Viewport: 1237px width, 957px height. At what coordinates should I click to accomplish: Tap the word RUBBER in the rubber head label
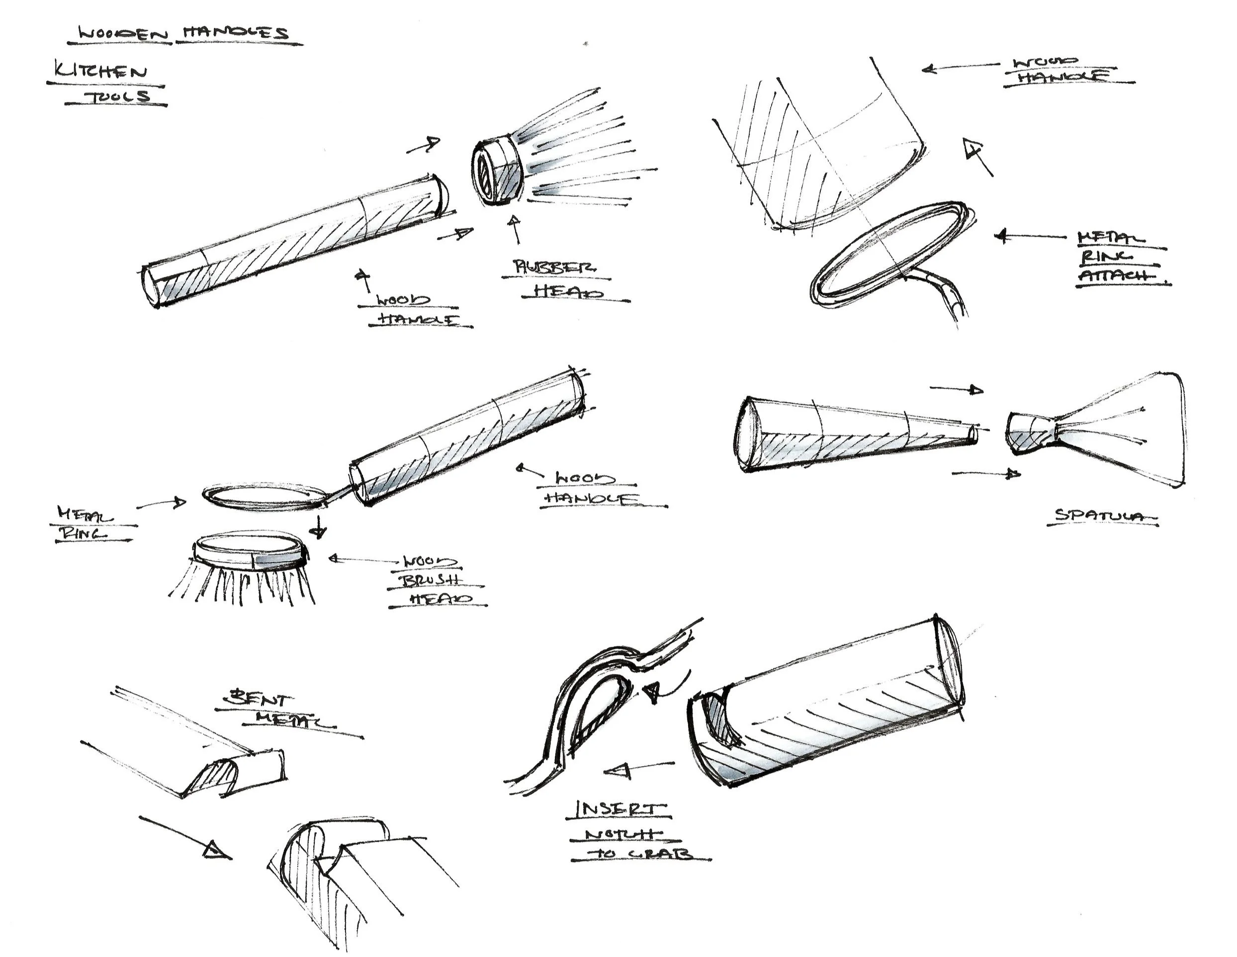pyautogui.click(x=553, y=267)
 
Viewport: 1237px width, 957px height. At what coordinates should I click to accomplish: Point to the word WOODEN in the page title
pyautogui.click(x=124, y=34)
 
